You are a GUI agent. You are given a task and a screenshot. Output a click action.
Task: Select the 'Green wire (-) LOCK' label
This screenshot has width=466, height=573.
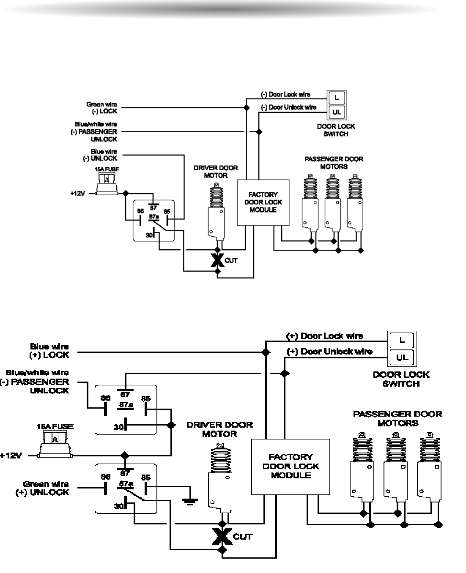101,108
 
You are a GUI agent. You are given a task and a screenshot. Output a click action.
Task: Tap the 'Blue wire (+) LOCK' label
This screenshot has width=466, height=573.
49,351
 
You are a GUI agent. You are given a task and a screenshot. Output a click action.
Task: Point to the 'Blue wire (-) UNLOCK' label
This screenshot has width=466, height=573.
100,155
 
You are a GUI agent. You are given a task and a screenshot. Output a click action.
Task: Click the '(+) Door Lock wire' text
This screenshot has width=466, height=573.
325,336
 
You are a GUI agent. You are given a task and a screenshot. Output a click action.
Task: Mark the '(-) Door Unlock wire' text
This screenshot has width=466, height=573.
288,107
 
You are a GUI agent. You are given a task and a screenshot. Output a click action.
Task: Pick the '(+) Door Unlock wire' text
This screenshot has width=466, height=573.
329,352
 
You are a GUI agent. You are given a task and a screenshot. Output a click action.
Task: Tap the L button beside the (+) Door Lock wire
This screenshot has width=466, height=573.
402,340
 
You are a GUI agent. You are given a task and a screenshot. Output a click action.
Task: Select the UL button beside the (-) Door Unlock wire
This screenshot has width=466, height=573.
337,112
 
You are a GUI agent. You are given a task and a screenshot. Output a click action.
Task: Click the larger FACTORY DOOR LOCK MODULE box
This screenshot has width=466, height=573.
291,467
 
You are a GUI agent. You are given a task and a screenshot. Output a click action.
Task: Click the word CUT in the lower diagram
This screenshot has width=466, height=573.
243,537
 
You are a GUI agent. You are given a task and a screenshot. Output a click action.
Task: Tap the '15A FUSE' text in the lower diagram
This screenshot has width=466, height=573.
55,427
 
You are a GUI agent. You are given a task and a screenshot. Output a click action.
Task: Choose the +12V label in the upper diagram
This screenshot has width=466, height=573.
78,194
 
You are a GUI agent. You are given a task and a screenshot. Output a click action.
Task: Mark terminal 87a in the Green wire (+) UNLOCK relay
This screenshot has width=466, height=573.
126,483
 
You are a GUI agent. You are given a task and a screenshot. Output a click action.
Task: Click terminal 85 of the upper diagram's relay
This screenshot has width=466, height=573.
167,212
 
